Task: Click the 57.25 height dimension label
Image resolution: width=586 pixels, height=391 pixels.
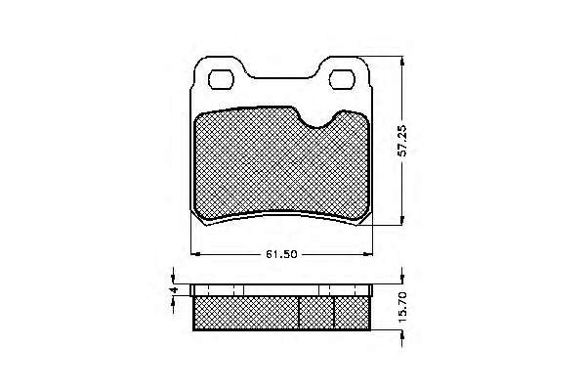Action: point(401,141)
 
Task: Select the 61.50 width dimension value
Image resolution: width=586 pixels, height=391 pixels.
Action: point(281,254)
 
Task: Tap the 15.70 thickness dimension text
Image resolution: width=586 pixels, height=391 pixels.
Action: point(402,307)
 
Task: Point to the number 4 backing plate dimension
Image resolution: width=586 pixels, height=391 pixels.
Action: point(173,290)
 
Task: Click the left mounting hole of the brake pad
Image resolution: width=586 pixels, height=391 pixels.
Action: point(221,79)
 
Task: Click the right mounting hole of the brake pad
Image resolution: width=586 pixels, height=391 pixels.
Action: point(342,79)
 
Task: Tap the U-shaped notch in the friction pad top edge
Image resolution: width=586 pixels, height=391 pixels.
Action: point(318,120)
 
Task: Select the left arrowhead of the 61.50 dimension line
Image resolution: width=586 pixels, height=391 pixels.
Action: point(194,254)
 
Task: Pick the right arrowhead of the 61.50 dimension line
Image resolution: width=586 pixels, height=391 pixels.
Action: point(368,254)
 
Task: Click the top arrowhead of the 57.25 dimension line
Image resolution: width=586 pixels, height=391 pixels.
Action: point(402,61)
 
